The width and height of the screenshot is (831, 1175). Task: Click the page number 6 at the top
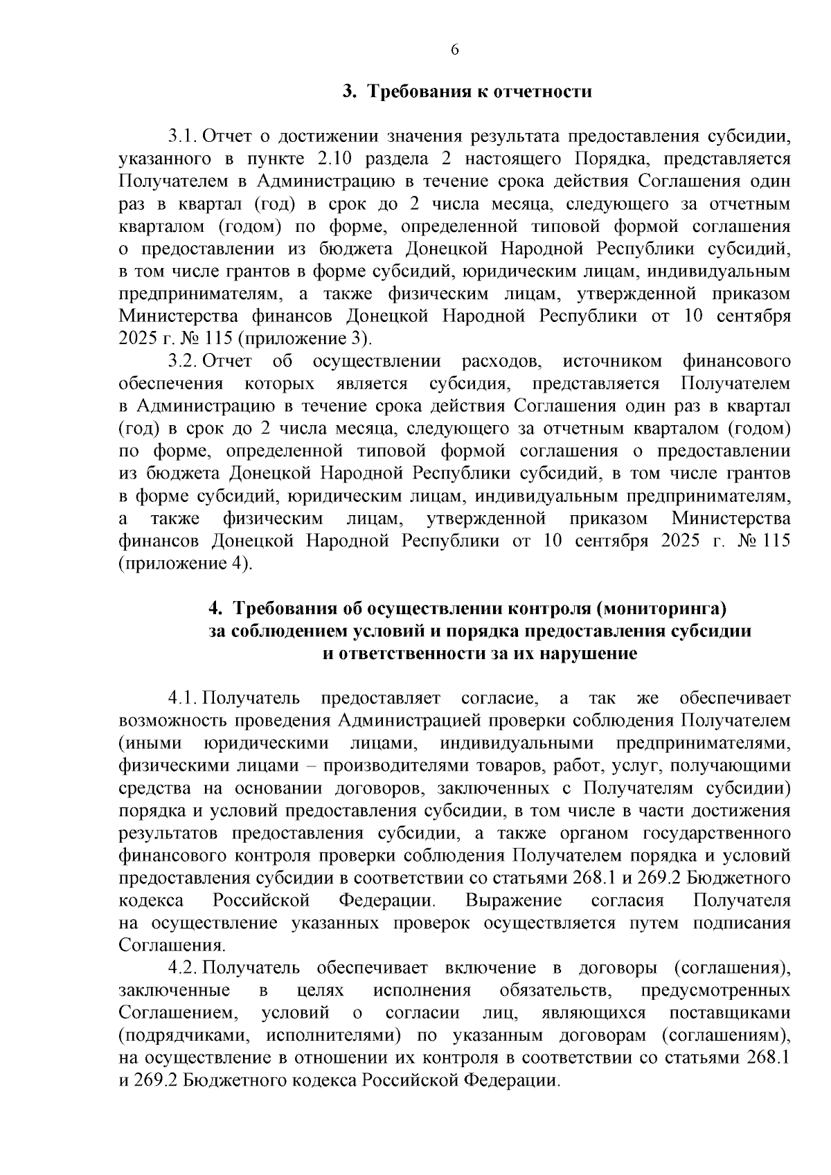[x=454, y=49]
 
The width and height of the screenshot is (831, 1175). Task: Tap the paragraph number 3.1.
[x=184, y=136]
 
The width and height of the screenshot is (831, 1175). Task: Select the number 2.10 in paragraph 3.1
[x=335, y=159]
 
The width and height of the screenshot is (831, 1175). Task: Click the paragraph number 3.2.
[x=184, y=361]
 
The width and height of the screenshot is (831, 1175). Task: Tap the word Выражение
[x=513, y=900]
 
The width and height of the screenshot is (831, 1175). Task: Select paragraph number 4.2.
[x=184, y=967]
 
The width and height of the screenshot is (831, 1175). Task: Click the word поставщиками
[x=730, y=1012]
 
